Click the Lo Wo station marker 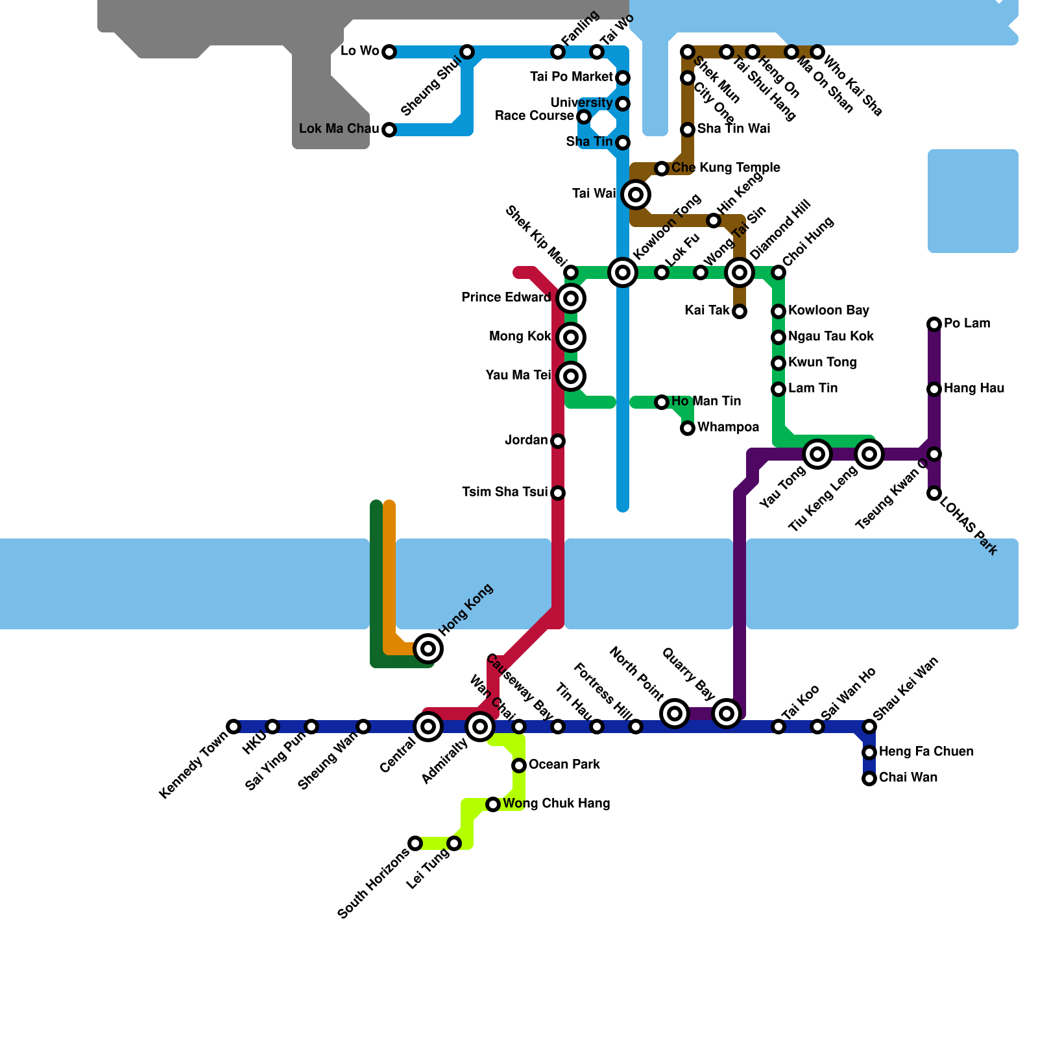(x=389, y=52)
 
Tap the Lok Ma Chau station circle (x=389, y=130)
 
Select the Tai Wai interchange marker (x=636, y=195)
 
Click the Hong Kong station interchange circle (x=428, y=649)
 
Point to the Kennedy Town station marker (x=234, y=727)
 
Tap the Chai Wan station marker (x=869, y=779)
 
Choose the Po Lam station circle (x=934, y=324)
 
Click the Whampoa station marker (x=688, y=428)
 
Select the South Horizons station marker (x=415, y=843)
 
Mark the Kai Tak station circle (x=740, y=311)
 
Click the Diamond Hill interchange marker (x=740, y=272)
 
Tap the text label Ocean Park (x=564, y=765)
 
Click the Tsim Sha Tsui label (x=505, y=492)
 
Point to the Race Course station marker (x=584, y=117)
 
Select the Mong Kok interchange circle (x=571, y=337)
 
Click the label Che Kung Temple (x=725, y=168)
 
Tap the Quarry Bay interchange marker (x=727, y=714)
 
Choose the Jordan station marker (x=558, y=441)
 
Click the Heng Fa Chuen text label (x=926, y=752)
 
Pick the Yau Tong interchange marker (x=817, y=454)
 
